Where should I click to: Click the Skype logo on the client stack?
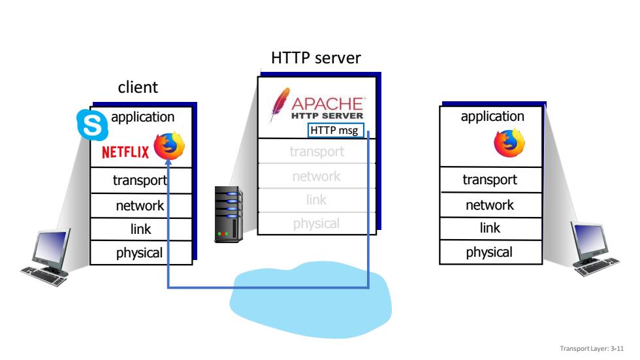click(x=92, y=124)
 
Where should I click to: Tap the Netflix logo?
click(x=125, y=152)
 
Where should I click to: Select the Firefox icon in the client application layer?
click(x=169, y=145)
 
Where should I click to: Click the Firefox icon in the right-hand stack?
click(x=509, y=142)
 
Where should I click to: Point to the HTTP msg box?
click(x=336, y=130)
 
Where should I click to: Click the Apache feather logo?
click(x=280, y=104)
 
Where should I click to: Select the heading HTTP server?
click(x=316, y=58)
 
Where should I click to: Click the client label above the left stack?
click(x=138, y=88)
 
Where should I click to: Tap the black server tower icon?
click(x=229, y=214)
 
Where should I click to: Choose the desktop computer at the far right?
click(x=594, y=248)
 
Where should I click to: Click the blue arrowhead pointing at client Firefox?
click(x=168, y=162)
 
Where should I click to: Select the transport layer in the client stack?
click(x=141, y=180)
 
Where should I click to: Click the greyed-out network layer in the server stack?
click(x=316, y=176)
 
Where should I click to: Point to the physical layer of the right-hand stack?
click(x=490, y=252)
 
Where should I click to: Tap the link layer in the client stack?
click(x=141, y=229)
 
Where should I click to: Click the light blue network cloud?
click(x=311, y=300)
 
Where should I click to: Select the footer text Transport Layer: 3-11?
click(x=592, y=349)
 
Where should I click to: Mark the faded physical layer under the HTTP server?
click(x=316, y=223)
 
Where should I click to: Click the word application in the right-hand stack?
click(x=492, y=116)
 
